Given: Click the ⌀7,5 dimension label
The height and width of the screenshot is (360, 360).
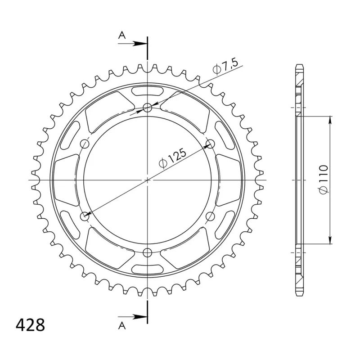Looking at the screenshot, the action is [225, 67].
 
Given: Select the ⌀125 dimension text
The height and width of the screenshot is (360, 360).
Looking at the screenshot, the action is [173, 158].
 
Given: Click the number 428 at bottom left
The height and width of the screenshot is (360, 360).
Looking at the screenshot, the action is [30, 325].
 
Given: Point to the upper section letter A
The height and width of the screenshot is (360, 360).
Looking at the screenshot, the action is [122, 35].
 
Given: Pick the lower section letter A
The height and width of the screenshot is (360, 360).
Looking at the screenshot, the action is [122, 325].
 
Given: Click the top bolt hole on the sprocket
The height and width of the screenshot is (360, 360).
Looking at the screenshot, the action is [148, 107].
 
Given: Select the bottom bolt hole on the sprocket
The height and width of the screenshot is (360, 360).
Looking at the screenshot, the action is [148, 253].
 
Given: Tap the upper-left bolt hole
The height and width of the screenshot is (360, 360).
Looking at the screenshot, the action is [85, 144].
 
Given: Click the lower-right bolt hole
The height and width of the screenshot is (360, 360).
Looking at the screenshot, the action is [210, 216].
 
